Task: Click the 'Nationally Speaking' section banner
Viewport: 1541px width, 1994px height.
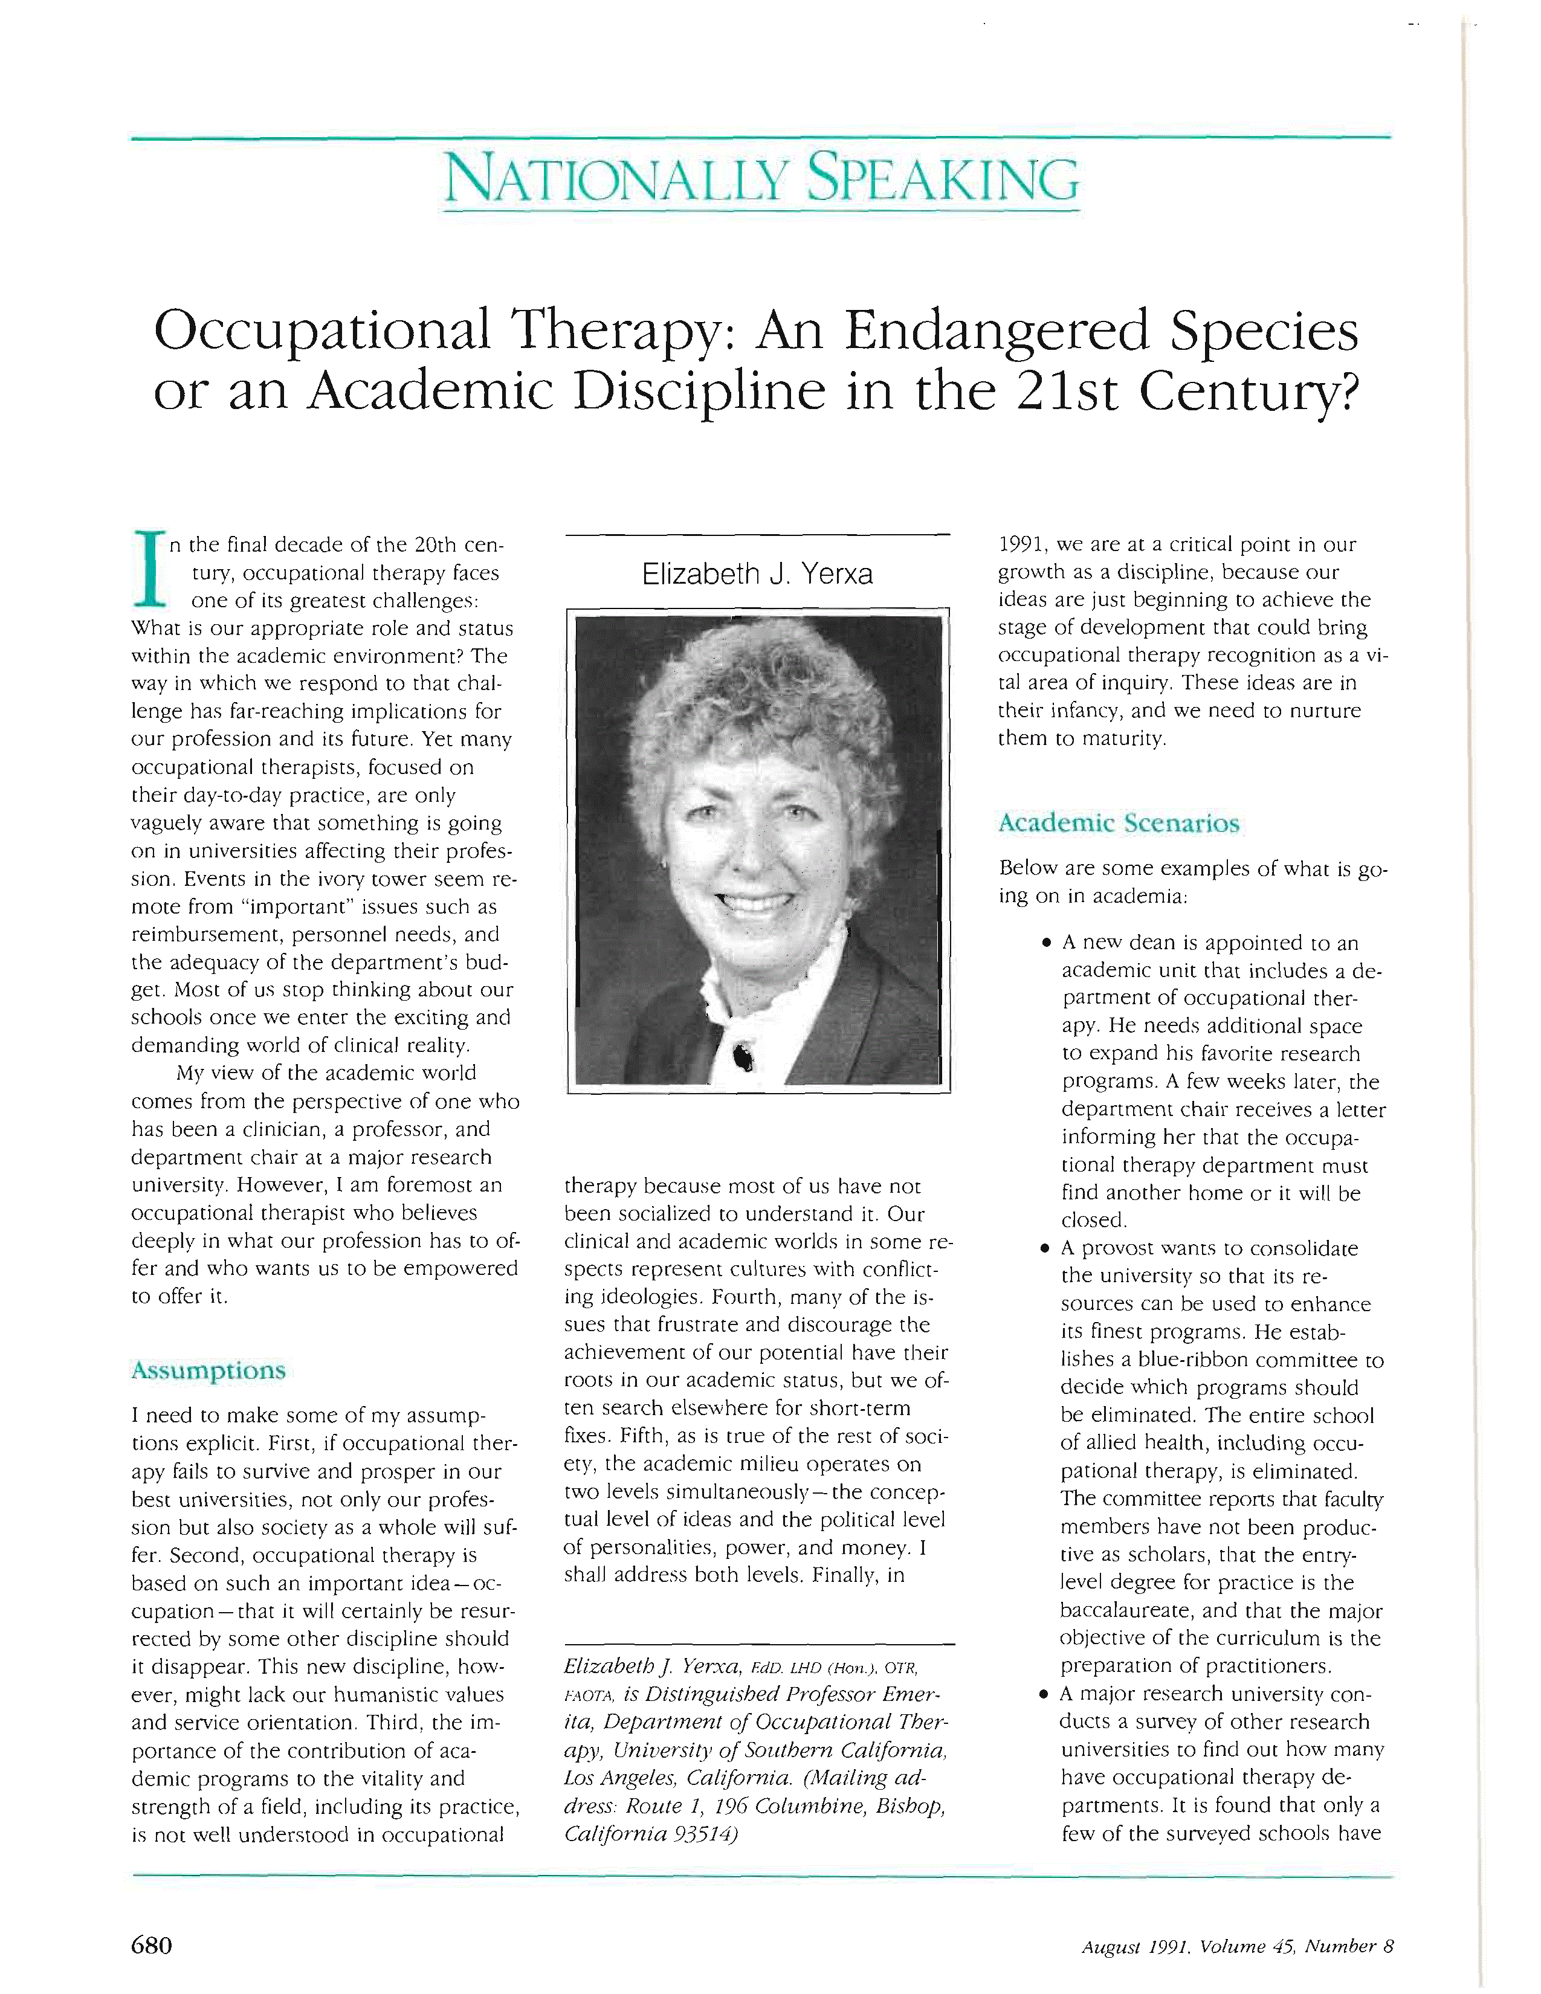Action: (760, 180)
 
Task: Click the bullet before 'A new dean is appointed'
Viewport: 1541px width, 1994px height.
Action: (1047, 943)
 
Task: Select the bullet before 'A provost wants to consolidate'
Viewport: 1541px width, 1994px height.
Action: (1047, 1249)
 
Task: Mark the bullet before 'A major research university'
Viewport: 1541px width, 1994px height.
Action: (1047, 1694)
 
